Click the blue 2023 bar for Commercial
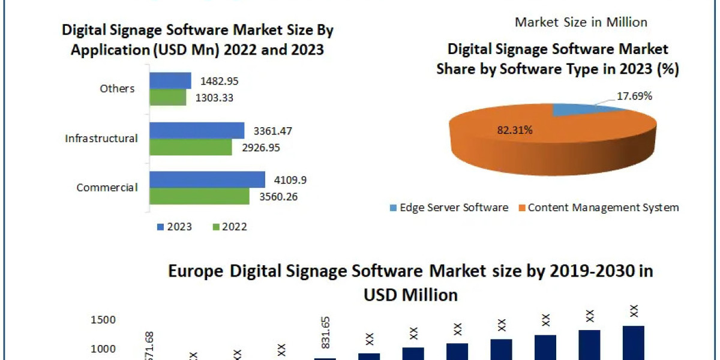[x=207, y=179]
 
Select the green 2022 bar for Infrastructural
[x=190, y=147]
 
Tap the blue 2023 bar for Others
[x=170, y=80]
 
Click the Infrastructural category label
[x=101, y=139]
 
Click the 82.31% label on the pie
[x=514, y=130]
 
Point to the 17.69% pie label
[x=634, y=96]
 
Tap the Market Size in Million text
[x=581, y=22]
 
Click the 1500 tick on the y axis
[x=104, y=320]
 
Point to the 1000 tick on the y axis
[x=104, y=349]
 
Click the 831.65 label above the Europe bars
[x=326, y=340]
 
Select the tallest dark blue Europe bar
[x=633, y=343]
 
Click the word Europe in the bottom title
[x=195, y=271]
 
